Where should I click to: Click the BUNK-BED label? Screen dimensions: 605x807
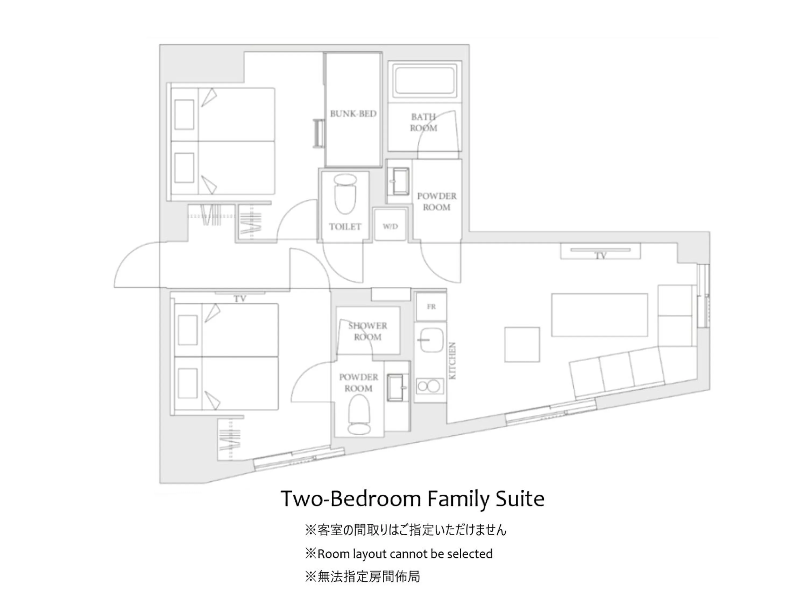coord(353,113)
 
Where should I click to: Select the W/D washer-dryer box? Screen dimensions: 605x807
coord(390,226)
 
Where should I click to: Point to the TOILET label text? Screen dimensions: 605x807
coord(345,227)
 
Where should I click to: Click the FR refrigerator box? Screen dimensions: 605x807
coord(431,307)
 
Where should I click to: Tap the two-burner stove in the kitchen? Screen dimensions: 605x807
coord(429,386)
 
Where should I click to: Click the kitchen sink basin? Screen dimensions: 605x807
coord(431,340)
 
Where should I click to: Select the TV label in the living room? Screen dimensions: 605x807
coord(600,256)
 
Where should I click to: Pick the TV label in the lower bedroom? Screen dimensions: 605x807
coord(240,299)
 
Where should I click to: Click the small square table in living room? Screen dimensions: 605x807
coord(522,344)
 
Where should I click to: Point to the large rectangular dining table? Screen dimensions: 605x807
coord(599,315)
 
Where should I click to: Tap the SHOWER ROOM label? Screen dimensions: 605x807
coord(367,331)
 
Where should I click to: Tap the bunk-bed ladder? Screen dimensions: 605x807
coord(319,133)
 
